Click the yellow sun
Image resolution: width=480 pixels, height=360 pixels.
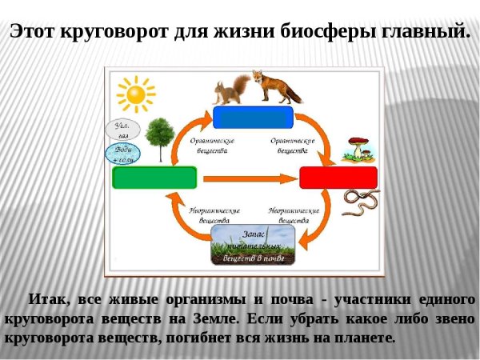point(135,95)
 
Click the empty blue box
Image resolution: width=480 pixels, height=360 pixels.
point(254,117)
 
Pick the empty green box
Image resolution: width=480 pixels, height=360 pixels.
point(155,177)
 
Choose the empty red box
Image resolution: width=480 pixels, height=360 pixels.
point(338,178)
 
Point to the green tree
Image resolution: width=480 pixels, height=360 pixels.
point(162,138)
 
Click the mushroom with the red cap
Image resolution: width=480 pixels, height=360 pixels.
point(358,148)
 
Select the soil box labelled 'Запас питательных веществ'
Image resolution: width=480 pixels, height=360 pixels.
point(254,245)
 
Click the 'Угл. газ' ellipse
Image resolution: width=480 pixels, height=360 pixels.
point(122,130)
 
